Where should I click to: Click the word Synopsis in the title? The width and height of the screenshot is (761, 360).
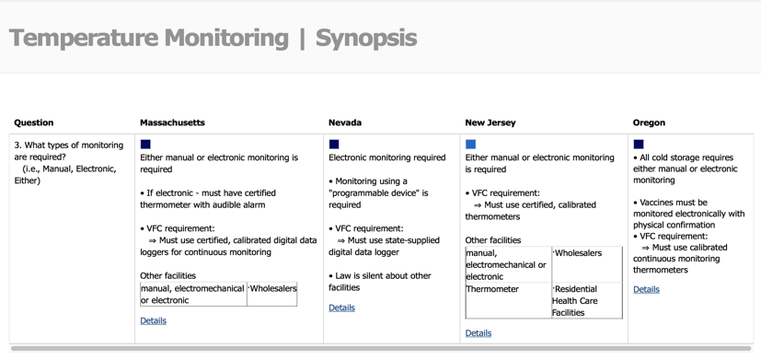tap(365, 39)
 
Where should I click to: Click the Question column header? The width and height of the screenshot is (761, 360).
tap(34, 122)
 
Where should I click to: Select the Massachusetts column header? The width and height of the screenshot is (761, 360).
tap(172, 122)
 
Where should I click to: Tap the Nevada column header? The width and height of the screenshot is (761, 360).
tap(345, 122)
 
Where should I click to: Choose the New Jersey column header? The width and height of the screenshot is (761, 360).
tap(490, 122)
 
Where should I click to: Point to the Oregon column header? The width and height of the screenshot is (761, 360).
tap(649, 122)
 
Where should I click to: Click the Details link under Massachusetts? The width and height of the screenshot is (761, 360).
tap(154, 320)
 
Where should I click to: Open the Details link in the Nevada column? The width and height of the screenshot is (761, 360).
tap(341, 308)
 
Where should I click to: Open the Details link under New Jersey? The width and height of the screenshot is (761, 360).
tap(479, 333)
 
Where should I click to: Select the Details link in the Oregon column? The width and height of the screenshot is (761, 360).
tap(646, 289)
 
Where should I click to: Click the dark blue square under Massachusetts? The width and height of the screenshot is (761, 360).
tap(145, 145)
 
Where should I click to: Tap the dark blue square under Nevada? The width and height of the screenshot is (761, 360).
tap(334, 145)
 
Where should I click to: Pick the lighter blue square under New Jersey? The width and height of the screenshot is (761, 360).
tap(471, 145)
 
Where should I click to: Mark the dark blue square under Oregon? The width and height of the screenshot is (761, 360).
tap(639, 145)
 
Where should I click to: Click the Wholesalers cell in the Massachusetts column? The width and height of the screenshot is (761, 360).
tap(272, 289)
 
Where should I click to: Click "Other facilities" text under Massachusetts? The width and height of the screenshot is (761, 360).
tap(167, 275)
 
